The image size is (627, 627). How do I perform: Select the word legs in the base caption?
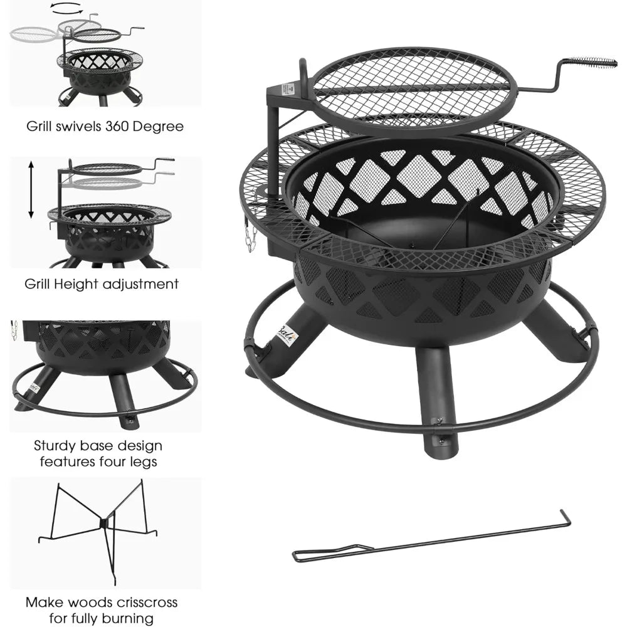(x=142, y=462)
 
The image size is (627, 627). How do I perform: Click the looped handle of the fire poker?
(x=320, y=554)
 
